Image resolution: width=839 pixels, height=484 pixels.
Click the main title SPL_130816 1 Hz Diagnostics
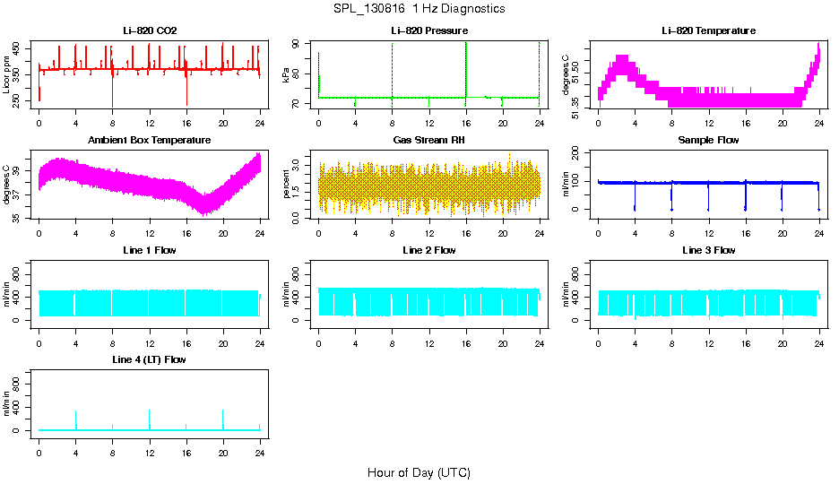click(x=419, y=9)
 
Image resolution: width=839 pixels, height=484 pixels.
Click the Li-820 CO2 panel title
click(x=150, y=31)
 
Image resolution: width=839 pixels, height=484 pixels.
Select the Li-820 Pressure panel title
click(x=429, y=31)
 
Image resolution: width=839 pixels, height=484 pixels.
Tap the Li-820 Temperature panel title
click(x=708, y=31)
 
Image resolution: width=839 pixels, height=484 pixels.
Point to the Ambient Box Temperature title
click(x=150, y=141)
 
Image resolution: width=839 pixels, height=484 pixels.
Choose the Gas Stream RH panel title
click(x=429, y=141)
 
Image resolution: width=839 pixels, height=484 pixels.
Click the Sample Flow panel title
click(x=708, y=141)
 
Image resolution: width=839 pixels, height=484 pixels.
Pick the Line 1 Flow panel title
click(x=150, y=250)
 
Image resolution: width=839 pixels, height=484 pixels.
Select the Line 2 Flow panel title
click(x=429, y=250)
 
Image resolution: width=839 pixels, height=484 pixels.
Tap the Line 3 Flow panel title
click(x=708, y=250)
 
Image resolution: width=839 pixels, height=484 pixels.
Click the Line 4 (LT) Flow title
click(x=150, y=359)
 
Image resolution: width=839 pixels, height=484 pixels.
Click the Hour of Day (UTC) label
click(x=419, y=472)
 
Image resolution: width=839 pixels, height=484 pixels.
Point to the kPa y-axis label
click(x=287, y=75)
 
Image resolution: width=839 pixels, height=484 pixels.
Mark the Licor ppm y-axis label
click(x=7, y=75)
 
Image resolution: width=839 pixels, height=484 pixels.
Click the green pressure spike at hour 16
click(x=466, y=67)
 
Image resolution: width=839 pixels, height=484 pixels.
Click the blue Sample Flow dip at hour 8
click(x=671, y=197)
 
